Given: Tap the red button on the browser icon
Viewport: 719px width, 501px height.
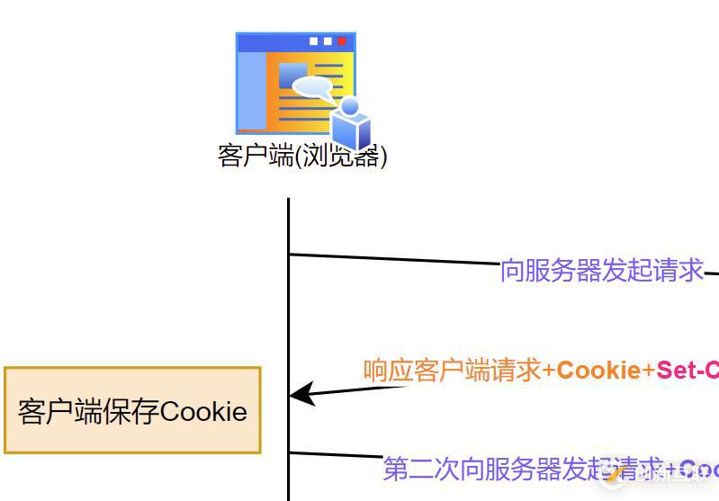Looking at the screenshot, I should [x=342, y=40].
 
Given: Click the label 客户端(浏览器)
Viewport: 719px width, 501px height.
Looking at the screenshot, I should [x=302, y=157].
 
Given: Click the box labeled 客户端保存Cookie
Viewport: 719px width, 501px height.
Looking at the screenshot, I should [x=132, y=410].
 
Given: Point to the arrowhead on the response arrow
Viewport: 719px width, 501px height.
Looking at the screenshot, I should [x=302, y=394].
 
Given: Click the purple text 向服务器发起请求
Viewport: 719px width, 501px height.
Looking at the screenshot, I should [x=602, y=271].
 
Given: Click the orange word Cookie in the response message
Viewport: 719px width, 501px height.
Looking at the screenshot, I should [x=599, y=371].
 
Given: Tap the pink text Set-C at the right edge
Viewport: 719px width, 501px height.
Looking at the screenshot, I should [x=688, y=371].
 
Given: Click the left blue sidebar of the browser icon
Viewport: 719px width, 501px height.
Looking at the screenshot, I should [x=251, y=90].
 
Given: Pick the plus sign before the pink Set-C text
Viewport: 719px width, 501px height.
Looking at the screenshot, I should [x=649, y=371].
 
